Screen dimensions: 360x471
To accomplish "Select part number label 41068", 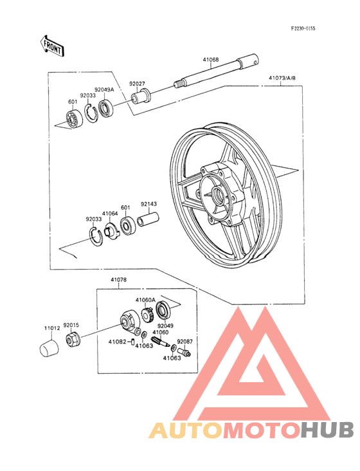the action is pos(211,59).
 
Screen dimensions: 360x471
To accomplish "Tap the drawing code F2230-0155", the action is pos(303,28).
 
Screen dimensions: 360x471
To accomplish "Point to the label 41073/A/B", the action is pos(282,78).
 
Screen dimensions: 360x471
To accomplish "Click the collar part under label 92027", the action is pos(141,96).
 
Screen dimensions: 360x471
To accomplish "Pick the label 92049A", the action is pos(104,89).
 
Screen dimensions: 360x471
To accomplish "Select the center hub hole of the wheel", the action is pos(218,194).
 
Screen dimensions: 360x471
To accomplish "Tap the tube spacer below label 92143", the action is pos(148,219).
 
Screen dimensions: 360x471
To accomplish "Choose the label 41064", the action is pos(110,214).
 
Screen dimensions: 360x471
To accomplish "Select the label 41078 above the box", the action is pos(118,280).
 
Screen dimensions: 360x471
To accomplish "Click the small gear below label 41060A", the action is pos(148,315).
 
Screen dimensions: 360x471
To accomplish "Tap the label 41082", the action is pos(117,342).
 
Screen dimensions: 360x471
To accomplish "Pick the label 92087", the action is pos(184,342).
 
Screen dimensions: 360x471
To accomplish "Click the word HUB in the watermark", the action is pos(328,429).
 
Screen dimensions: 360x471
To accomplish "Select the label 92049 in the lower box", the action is pos(165,326).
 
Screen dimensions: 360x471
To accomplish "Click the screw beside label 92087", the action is pos(184,351).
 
